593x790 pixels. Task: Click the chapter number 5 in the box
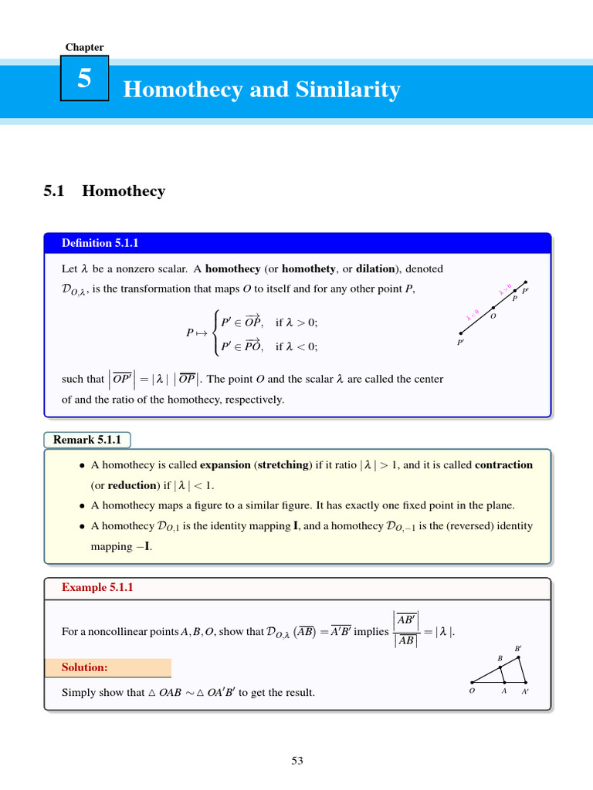84,79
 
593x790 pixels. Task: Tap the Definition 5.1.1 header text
98,243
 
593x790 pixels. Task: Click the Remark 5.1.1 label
87,440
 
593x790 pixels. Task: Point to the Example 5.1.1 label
98,587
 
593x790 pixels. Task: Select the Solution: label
85,667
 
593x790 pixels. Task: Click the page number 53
297,761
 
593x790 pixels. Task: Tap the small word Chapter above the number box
84,47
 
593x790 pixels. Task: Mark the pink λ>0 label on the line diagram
505,290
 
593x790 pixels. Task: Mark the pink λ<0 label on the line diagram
473,315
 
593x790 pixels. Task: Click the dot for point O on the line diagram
493,308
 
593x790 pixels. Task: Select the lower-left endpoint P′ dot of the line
461,333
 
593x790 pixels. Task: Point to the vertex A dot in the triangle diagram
503,683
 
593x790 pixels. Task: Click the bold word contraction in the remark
503,465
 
